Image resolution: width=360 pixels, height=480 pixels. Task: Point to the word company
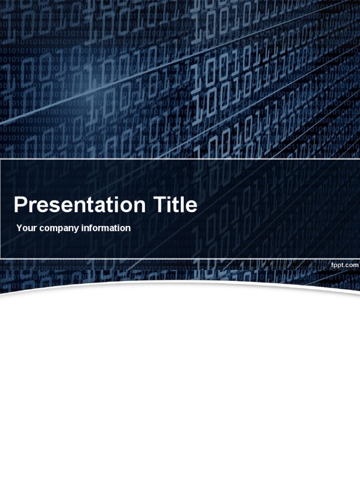[x=59, y=229]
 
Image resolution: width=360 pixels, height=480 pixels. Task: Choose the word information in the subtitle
[x=106, y=228]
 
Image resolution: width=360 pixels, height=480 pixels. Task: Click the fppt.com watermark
[x=345, y=265]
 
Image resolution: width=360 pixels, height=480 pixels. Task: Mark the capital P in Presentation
[x=20, y=205]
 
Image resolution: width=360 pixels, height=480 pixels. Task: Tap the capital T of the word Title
[x=159, y=205]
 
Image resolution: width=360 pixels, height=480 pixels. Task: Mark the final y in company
[x=77, y=229]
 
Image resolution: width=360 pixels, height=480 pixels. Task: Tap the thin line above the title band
[x=180, y=159]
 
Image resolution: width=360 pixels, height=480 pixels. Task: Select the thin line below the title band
[x=180, y=258]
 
